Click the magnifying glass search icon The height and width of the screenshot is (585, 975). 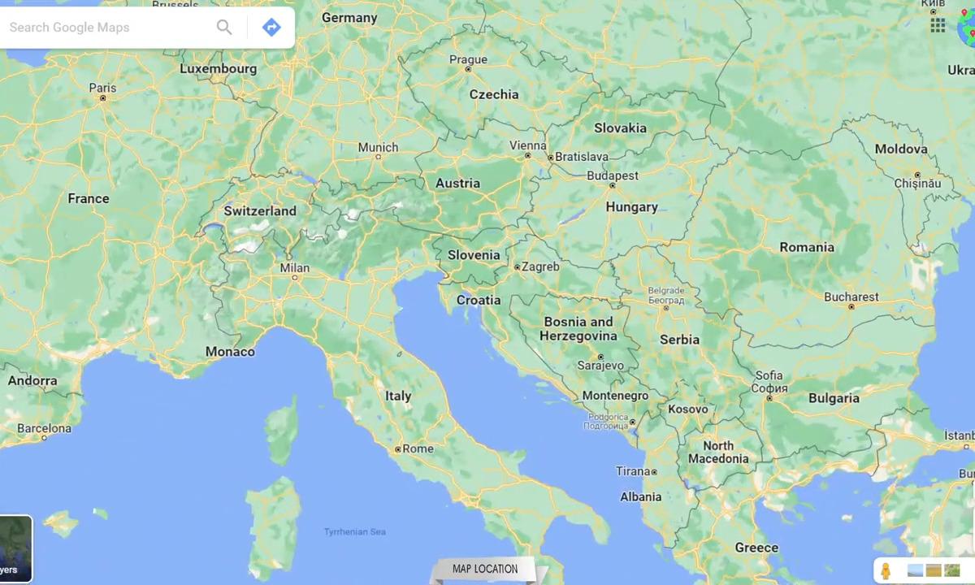pyautogui.click(x=224, y=28)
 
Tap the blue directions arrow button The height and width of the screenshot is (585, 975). pyautogui.click(x=271, y=28)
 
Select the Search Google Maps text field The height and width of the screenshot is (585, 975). pyautogui.click(x=106, y=28)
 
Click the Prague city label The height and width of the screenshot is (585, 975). pyautogui.click(x=468, y=59)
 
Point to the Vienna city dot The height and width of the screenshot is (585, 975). pyautogui.click(x=528, y=155)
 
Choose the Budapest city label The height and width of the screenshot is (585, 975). pyautogui.click(x=613, y=175)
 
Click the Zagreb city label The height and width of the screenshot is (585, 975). pyautogui.click(x=540, y=266)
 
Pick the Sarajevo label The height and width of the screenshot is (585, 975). pyautogui.click(x=600, y=366)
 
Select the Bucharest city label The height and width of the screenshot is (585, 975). pyautogui.click(x=851, y=297)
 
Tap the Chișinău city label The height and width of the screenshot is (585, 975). pyautogui.click(x=917, y=184)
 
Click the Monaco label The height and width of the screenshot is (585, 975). pyautogui.click(x=230, y=352)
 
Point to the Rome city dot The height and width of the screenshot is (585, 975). pyautogui.click(x=398, y=448)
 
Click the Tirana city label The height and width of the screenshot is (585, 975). pyautogui.click(x=633, y=471)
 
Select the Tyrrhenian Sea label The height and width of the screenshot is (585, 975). pyautogui.click(x=355, y=532)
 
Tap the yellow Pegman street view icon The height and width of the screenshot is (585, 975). pyautogui.click(x=886, y=570)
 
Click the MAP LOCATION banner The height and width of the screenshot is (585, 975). pyautogui.click(x=485, y=569)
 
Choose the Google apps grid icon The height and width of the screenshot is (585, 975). pyautogui.click(x=938, y=25)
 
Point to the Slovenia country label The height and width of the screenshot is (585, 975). pyautogui.click(x=474, y=255)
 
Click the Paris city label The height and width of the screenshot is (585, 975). pyautogui.click(x=102, y=88)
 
